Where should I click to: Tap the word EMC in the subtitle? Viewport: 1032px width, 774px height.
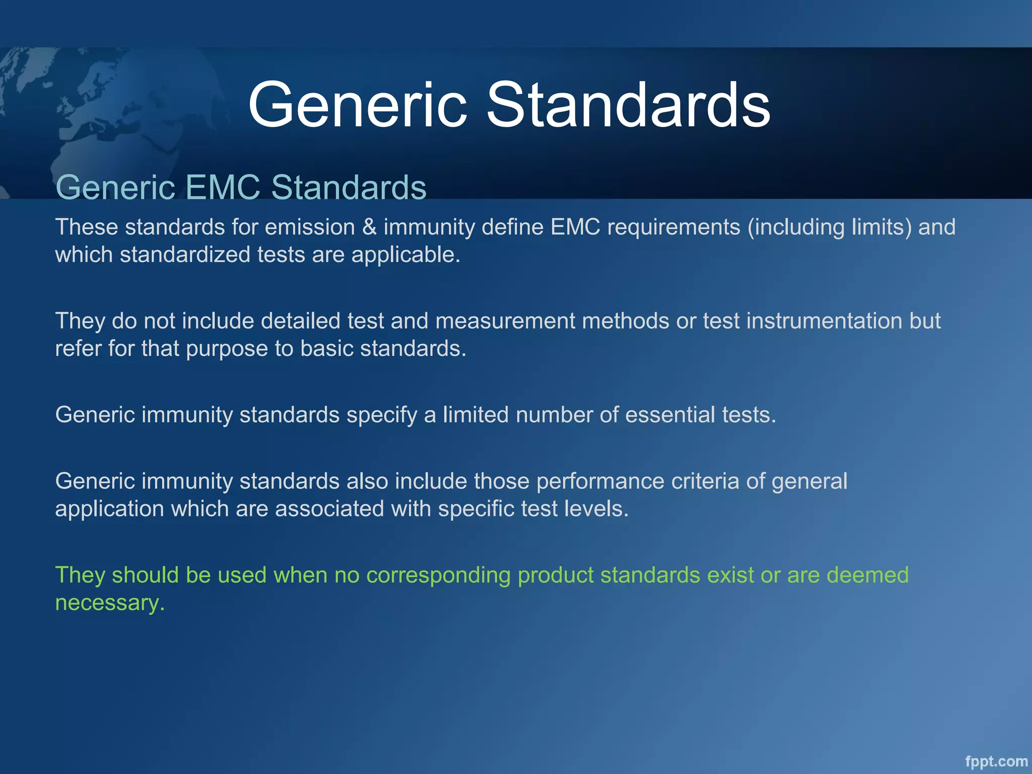coord(223,187)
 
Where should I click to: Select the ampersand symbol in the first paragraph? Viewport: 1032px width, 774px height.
coord(369,227)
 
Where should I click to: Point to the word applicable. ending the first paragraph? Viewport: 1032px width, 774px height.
coord(406,254)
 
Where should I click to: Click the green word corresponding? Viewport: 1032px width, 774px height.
coord(438,575)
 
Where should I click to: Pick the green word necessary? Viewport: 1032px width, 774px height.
coord(110,603)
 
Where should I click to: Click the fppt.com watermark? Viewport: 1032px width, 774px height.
coord(996,761)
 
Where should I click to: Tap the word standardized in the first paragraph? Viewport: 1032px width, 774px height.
coord(185,254)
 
